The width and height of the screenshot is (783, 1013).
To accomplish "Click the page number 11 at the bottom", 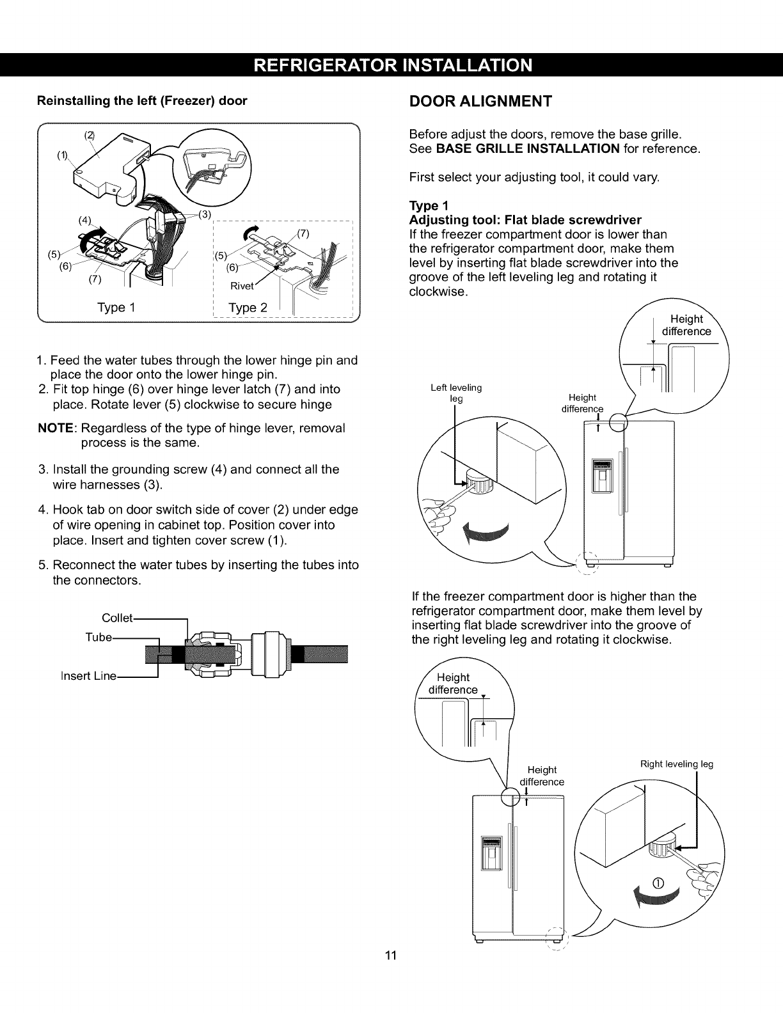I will [391, 974].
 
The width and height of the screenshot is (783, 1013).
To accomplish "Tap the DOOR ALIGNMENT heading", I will [480, 102].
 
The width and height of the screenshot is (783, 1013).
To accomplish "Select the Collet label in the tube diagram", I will [118, 618].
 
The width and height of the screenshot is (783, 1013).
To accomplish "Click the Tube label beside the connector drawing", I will [99, 637].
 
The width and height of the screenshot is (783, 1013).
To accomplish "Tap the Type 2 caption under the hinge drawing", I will [248, 308].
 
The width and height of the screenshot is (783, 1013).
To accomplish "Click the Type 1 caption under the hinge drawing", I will [116, 308].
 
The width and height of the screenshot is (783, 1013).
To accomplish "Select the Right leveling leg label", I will [677, 764].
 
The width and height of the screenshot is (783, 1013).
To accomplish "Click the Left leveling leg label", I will [456, 393].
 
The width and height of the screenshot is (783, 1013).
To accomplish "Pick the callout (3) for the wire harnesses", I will [205, 214].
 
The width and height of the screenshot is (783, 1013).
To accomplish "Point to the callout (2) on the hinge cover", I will [90, 135].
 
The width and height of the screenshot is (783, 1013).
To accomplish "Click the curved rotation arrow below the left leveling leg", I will [486, 533].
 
